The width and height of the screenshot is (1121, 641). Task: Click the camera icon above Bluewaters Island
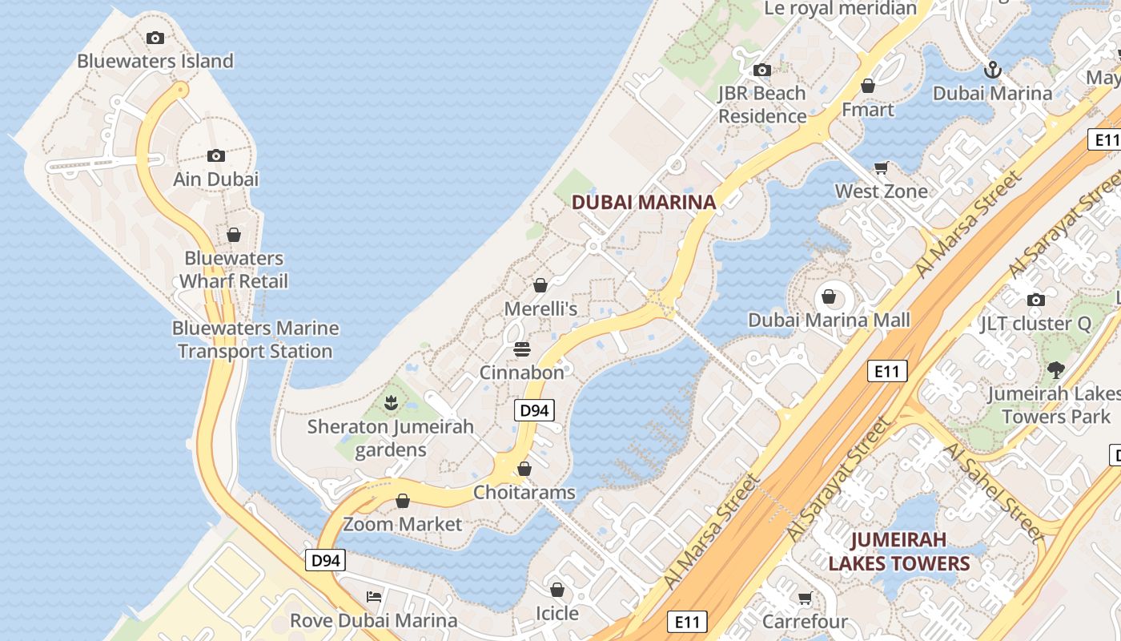[x=155, y=38]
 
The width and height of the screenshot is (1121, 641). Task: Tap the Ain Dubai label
[x=216, y=179]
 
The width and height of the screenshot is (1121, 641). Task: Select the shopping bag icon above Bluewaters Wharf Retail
[x=233, y=235]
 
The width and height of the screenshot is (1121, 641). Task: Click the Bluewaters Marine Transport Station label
[x=255, y=340]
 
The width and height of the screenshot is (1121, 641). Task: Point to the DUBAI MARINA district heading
[x=644, y=203]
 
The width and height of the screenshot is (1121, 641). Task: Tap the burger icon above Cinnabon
[x=522, y=349]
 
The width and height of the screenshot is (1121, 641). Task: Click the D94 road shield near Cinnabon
[x=534, y=411]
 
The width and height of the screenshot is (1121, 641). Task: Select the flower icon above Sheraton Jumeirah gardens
[x=391, y=402]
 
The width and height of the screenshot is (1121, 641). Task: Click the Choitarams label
[x=524, y=492]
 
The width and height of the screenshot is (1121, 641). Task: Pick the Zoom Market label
[x=403, y=524]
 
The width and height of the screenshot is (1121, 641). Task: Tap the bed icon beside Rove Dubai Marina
[x=373, y=596]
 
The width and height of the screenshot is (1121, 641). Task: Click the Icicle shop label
[x=556, y=613]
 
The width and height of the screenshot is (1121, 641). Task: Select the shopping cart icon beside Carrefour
[x=805, y=598]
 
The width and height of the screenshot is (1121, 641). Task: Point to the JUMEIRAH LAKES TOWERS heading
[x=898, y=551]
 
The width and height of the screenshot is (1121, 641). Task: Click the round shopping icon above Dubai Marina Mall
[x=829, y=297]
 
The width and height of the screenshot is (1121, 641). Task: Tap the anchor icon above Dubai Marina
[x=992, y=70]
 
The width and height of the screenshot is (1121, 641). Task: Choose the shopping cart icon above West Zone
[x=881, y=167]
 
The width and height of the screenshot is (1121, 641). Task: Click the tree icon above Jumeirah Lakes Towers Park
[x=1055, y=369]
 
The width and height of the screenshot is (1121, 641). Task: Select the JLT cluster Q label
[x=1036, y=324]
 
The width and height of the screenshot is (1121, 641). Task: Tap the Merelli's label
[x=540, y=308]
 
